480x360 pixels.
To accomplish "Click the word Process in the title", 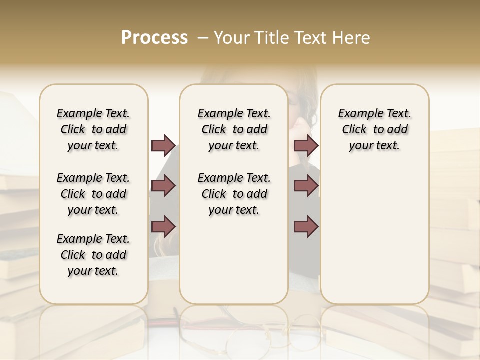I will (x=154, y=38).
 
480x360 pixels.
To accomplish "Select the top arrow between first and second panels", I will (x=163, y=145).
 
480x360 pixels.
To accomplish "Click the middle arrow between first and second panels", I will (x=163, y=186).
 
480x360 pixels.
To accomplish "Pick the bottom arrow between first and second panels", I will (x=163, y=226).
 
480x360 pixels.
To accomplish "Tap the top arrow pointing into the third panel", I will (x=306, y=145).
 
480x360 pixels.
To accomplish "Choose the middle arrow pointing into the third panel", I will (x=306, y=186).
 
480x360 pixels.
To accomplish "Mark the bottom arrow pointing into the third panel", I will (x=306, y=226).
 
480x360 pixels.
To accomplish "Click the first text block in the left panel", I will (x=93, y=129).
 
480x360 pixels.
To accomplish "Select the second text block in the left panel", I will (x=93, y=194).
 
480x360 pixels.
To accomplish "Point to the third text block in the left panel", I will (x=93, y=255).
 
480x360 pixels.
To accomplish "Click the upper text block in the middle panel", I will (x=234, y=129).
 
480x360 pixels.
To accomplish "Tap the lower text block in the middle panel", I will (x=234, y=194).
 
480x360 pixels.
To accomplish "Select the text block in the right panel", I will (x=375, y=129).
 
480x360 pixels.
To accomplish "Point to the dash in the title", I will (x=203, y=38).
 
